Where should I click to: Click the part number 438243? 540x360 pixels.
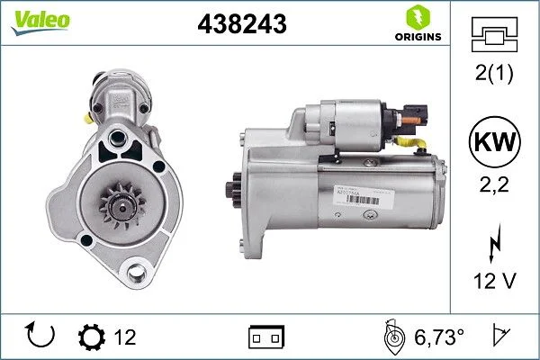(x=241, y=25)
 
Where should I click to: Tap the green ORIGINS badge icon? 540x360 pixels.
(x=418, y=16)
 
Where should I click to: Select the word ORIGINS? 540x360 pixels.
(x=418, y=37)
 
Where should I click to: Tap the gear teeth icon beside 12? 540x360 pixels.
(x=91, y=338)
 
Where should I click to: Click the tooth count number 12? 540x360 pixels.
(x=125, y=338)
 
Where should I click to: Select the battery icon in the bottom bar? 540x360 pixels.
(x=266, y=338)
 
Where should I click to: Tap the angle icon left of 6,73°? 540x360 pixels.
(x=393, y=338)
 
